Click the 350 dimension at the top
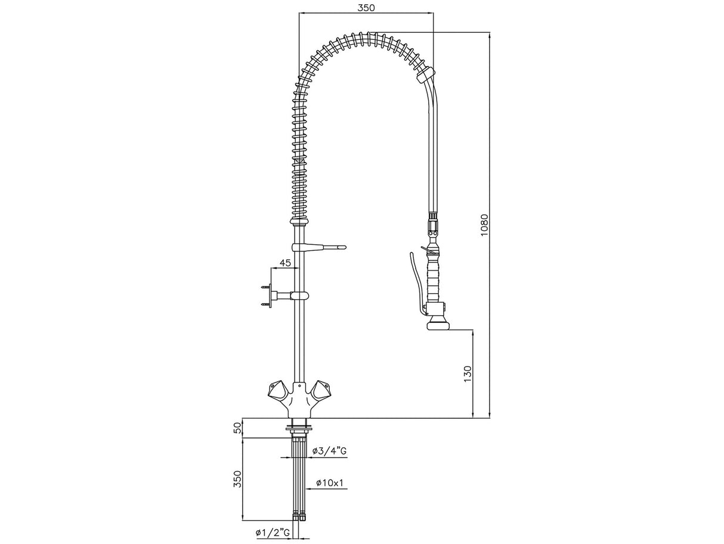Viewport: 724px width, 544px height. tap(366, 8)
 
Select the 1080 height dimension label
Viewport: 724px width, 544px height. tap(484, 225)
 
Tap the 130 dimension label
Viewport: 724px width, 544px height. tap(468, 374)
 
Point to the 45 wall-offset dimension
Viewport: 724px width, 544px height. tap(285, 263)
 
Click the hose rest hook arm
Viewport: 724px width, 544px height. tap(318, 247)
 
